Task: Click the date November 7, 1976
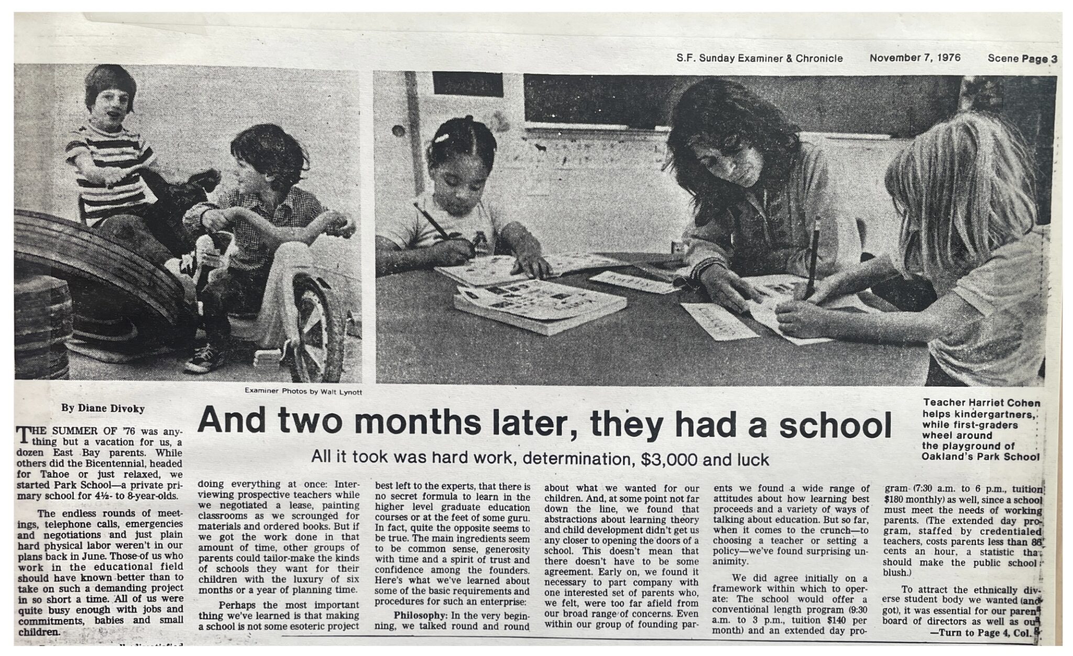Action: click(x=915, y=58)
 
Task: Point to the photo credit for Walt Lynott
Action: click(x=303, y=391)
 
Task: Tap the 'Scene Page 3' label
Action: click(x=1022, y=58)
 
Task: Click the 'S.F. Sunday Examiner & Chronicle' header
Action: click(x=759, y=58)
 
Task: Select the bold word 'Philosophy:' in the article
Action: click(x=417, y=615)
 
